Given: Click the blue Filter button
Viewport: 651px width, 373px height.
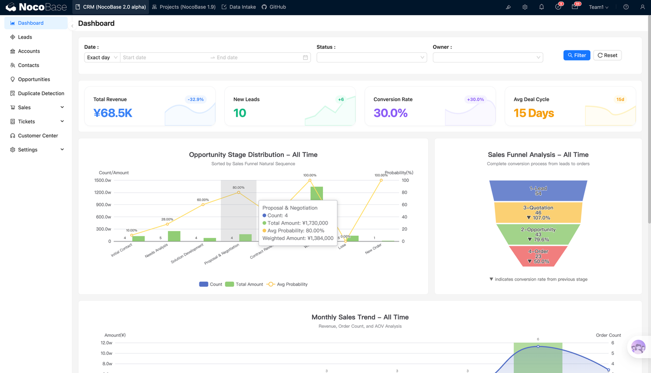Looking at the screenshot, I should [x=577, y=55].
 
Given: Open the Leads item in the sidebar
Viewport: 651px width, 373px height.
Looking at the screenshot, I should [x=25, y=37].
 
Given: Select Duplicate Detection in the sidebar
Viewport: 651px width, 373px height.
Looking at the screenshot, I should [x=41, y=94].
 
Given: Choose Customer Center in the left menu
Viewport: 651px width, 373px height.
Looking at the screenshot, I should [x=38, y=136].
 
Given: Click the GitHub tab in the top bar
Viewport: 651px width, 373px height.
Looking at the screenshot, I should [x=274, y=7].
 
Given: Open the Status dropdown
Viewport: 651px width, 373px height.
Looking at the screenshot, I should [x=371, y=57].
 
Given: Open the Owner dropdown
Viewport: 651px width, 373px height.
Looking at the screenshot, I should [x=487, y=57].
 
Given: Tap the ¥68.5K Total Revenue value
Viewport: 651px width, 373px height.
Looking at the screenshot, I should [x=113, y=113].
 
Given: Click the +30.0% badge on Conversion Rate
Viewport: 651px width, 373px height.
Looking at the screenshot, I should [x=475, y=100].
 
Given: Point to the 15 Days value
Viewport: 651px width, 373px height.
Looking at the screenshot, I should [x=534, y=113].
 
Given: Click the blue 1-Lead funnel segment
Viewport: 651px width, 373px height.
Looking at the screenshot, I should [x=538, y=191].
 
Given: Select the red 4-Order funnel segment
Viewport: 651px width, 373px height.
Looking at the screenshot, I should [x=538, y=256].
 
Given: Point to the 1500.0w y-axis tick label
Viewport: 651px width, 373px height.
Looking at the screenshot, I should [x=103, y=180].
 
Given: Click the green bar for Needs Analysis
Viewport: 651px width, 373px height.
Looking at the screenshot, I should [x=174, y=236].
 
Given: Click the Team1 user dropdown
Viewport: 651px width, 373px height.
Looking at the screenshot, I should [x=598, y=7].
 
